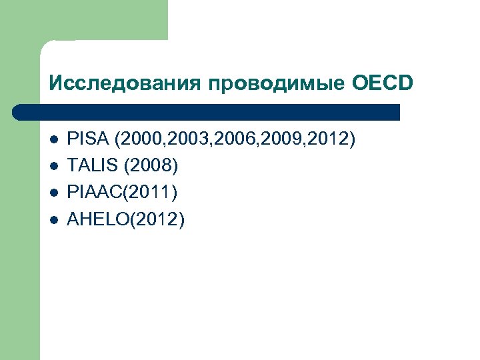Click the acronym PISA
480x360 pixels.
pos(89,140)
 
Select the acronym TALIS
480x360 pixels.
pos(94,166)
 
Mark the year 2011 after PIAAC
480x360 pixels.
pos(153,193)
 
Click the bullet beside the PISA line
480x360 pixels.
pos(54,141)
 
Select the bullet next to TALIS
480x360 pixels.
pos(54,167)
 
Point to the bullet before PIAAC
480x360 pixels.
pos(54,193)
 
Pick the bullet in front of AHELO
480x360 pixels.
pos(54,219)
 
